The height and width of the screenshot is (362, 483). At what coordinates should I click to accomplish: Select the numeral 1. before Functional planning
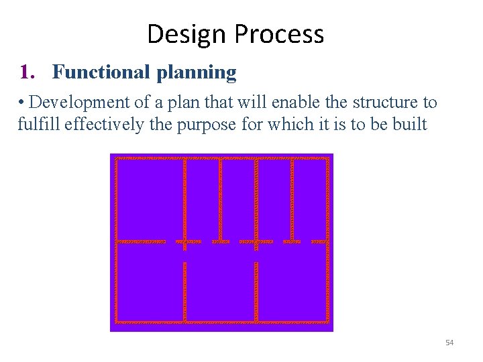tap(28, 72)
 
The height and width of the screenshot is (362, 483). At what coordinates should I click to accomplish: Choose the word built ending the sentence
tap(411, 124)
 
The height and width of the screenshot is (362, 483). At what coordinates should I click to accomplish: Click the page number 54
tap(449, 343)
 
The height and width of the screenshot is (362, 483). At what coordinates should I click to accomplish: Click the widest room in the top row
tap(150, 199)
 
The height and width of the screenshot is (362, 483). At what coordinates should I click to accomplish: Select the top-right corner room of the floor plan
tap(310, 199)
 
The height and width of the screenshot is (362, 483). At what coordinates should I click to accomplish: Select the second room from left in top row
tap(203, 199)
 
